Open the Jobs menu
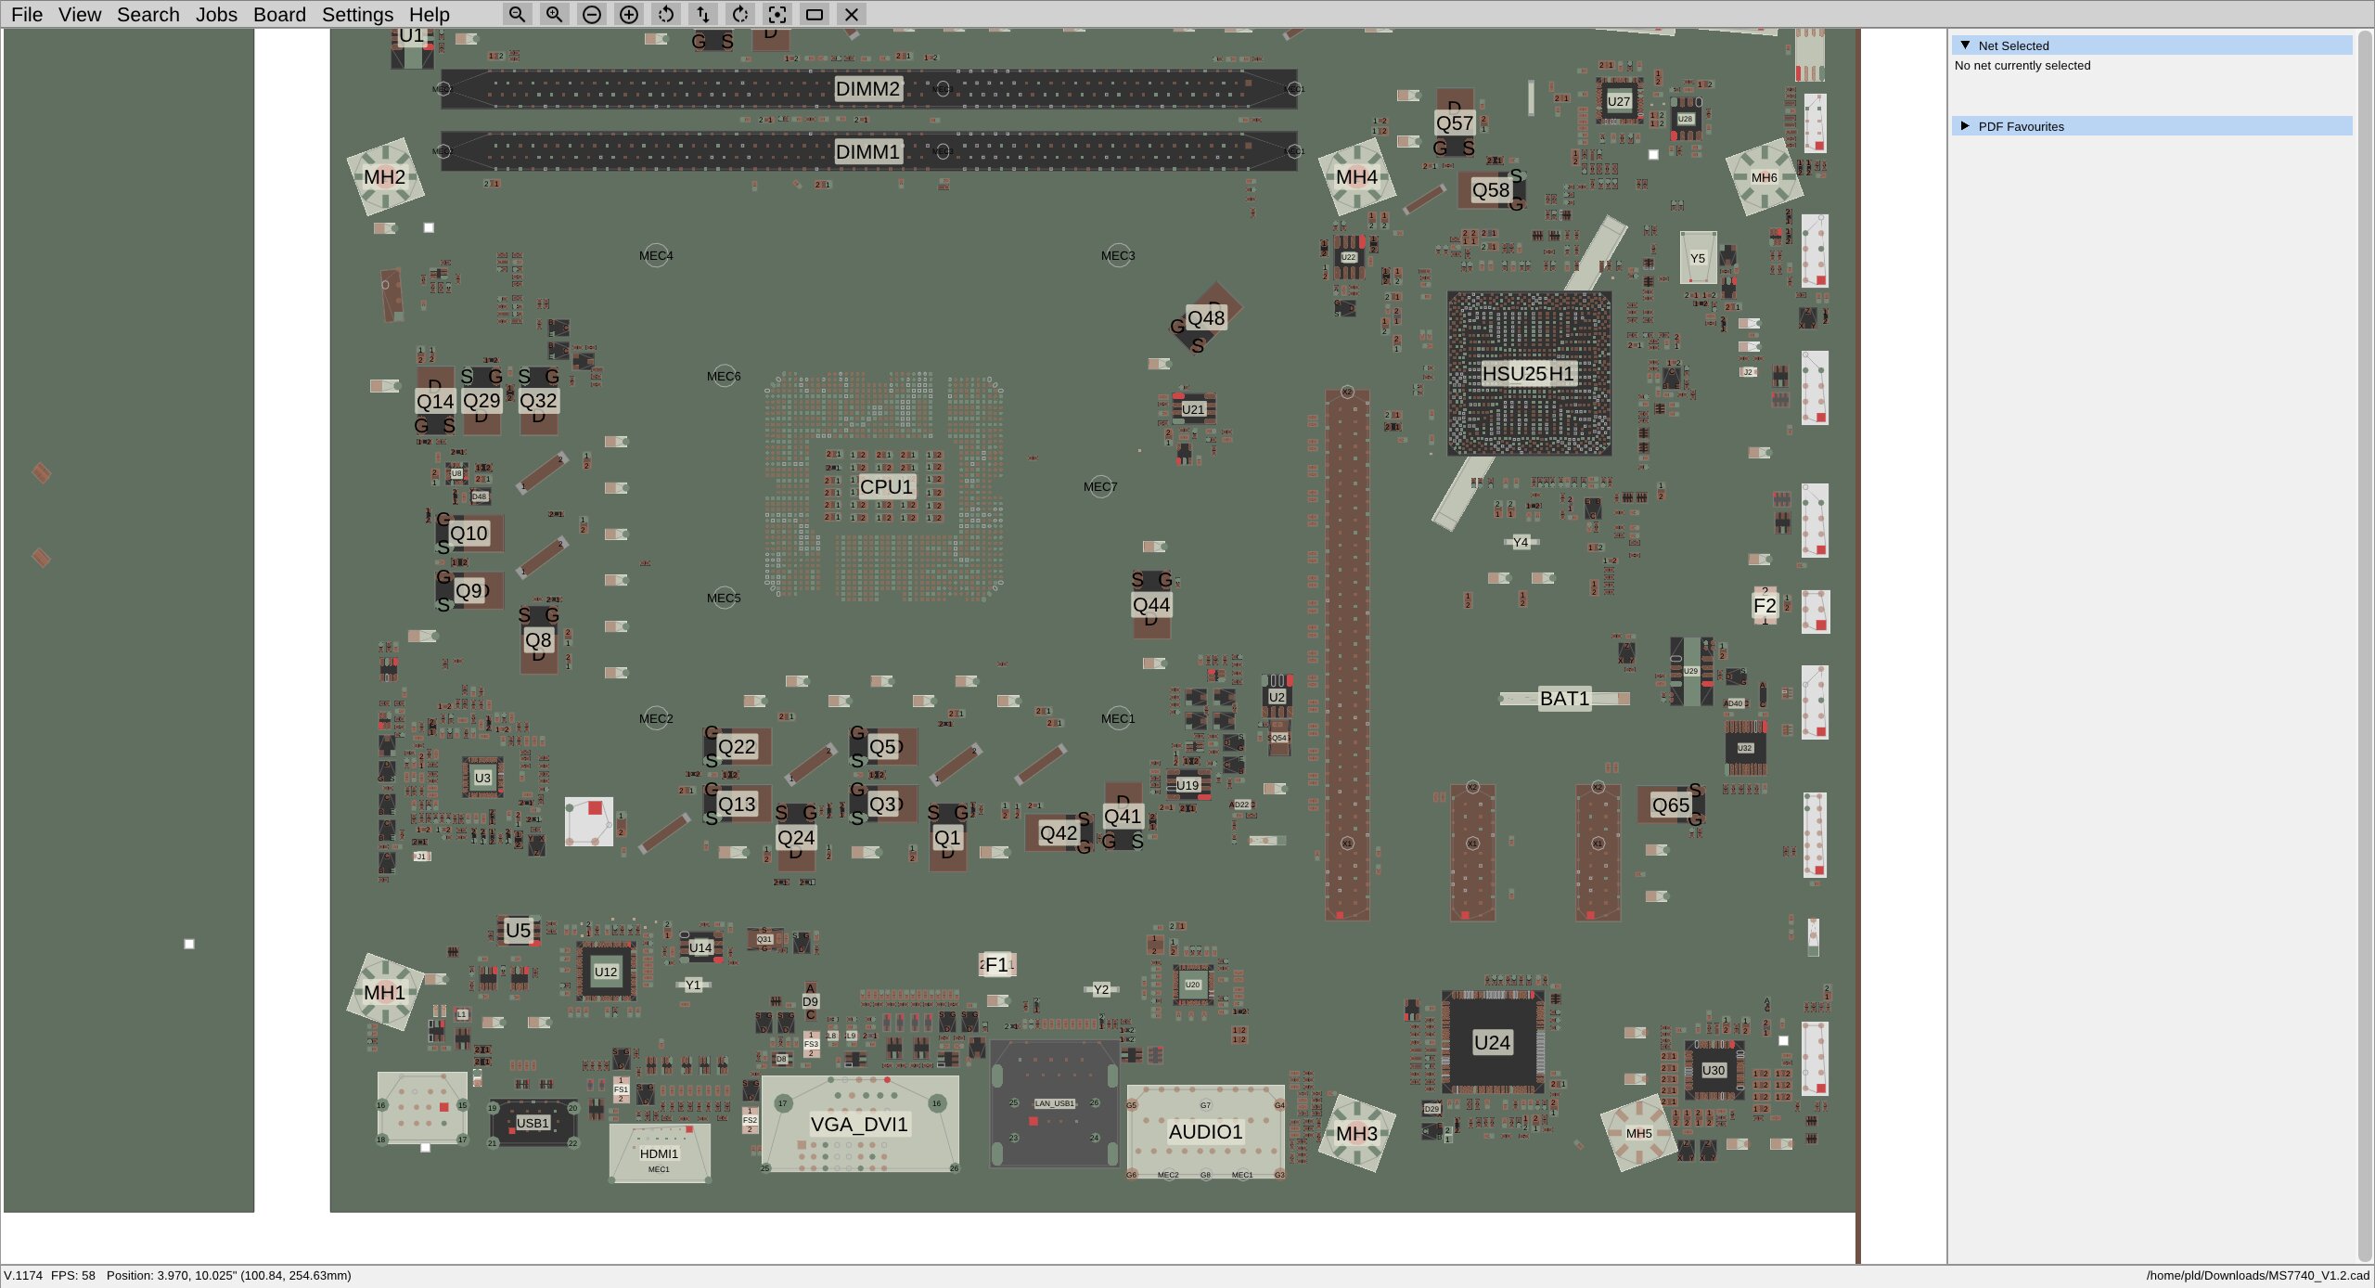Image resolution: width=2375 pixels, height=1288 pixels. click(216, 15)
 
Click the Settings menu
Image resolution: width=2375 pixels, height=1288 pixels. click(357, 15)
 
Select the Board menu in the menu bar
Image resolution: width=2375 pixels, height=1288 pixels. click(279, 15)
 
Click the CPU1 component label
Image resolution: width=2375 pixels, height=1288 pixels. click(886, 486)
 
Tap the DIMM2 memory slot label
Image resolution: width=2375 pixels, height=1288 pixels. click(867, 89)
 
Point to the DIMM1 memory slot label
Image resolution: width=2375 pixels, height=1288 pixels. click(867, 152)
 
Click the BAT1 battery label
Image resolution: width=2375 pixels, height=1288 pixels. click(1564, 699)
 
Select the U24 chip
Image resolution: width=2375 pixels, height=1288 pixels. click(1492, 1043)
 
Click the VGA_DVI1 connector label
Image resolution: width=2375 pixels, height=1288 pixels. click(859, 1125)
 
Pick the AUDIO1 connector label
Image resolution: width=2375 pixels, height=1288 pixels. click(1205, 1132)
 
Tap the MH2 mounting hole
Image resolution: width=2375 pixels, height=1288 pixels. click(384, 177)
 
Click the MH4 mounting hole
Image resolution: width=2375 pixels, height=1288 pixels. click(1356, 177)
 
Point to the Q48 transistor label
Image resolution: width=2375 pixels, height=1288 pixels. click(1206, 318)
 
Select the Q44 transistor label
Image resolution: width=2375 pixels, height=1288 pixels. click(1151, 605)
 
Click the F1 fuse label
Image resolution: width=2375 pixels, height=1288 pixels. click(996, 965)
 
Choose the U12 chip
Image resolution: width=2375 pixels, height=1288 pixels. click(606, 972)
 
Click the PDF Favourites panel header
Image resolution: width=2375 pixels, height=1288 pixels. click(2021, 126)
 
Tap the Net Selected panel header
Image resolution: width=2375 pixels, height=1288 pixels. click(2013, 45)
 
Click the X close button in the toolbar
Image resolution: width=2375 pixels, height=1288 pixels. click(851, 15)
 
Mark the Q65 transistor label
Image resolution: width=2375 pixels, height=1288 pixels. click(1670, 805)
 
